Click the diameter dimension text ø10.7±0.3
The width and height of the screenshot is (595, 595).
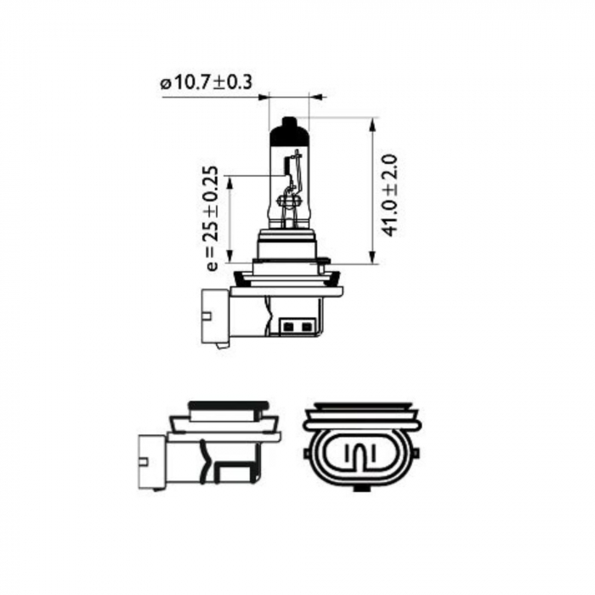[x=206, y=83]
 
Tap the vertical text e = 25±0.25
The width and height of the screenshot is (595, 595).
[x=212, y=219]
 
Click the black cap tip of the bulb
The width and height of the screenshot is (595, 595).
[x=290, y=129]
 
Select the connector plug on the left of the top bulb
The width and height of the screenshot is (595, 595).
[x=214, y=316]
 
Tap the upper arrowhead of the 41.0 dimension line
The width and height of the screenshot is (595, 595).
[x=371, y=124]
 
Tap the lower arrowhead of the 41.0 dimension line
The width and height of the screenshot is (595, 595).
[x=371, y=258]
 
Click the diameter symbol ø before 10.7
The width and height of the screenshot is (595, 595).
[x=164, y=83]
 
